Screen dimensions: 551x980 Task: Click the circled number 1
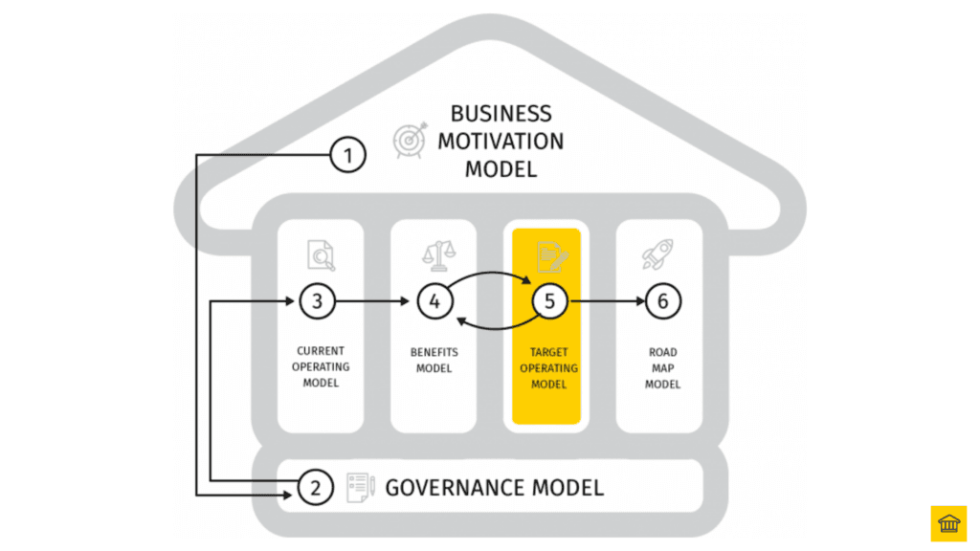(349, 154)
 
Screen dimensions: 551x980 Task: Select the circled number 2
(315, 488)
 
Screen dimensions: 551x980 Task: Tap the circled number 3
(317, 301)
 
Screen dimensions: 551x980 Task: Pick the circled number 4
(434, 301)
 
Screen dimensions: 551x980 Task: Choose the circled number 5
(549, 301)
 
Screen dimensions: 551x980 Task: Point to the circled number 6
(662, 301)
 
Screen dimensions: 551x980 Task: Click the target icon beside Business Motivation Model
(409, 140)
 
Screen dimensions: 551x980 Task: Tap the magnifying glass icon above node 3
(321, 255)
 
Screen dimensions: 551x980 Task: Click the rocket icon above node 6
(659, 254)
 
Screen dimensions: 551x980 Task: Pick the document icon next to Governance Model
(360, 487)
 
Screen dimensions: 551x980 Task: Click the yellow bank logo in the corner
(948, 523)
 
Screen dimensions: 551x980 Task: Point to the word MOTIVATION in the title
(501, 142)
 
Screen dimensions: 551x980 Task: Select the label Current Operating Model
(322, 367)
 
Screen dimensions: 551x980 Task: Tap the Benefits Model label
(434, 361)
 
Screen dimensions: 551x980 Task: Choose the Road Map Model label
(662, 368)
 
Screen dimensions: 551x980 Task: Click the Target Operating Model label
(548, 368)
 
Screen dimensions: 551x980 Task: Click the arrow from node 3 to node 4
(375, 301)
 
